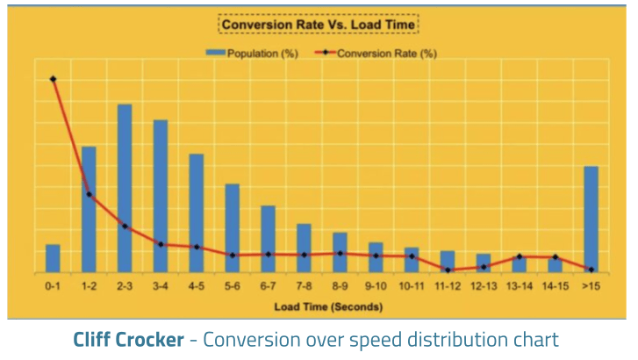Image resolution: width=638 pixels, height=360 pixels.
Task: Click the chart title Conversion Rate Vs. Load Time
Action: click(x=318, y=25)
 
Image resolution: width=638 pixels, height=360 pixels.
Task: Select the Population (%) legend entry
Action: click(x=254, y=53)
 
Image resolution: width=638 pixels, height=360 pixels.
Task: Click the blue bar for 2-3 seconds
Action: click(x=125, y=188)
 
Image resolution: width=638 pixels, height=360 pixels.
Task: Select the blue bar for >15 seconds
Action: click(x=591, y=220)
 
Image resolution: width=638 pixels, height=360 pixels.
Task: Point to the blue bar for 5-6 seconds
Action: click(x=233, y=228)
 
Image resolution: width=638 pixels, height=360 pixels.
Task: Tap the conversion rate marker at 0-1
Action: click(x=54, y=79)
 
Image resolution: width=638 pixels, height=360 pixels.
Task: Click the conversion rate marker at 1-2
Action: click(x=90, y=194)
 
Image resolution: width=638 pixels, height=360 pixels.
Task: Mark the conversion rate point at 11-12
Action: click(x=448, y=270)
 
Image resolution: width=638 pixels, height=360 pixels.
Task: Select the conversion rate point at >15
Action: click(x=591, y=270)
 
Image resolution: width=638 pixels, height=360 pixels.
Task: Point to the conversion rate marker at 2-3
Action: click(x=125, y=227)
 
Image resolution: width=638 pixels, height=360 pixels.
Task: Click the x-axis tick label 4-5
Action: click(x=197, y=286)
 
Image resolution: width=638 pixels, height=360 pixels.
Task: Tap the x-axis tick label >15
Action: click(x=591, y=286)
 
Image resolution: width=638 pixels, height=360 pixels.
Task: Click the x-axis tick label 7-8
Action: click(x=304, y=286)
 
